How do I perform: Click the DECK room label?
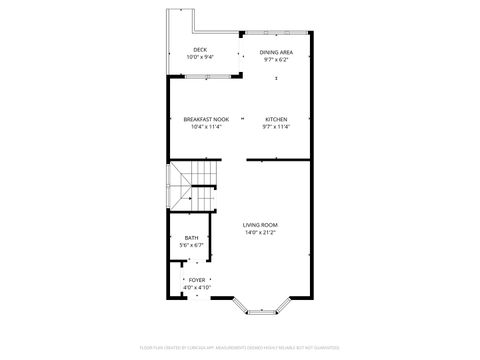point(200,50)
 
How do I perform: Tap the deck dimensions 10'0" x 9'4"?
point(200,58)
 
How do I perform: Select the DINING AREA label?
point(276,52)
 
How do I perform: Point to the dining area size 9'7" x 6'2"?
point(276,60)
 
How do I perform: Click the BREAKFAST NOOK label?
point(205,119)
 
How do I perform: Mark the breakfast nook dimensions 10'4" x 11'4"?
point(205,127)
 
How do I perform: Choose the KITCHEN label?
point(276,119)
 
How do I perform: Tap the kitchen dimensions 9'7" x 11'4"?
point(276,127)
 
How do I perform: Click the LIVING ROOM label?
point(260,225)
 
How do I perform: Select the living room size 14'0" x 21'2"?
point(260,233)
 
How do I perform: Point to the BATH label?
point(191,237)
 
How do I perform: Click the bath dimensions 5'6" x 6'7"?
point(191,245)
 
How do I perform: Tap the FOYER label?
point(197,280)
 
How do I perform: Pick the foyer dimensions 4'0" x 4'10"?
point(197,288)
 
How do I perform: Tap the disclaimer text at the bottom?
point(240,347)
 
